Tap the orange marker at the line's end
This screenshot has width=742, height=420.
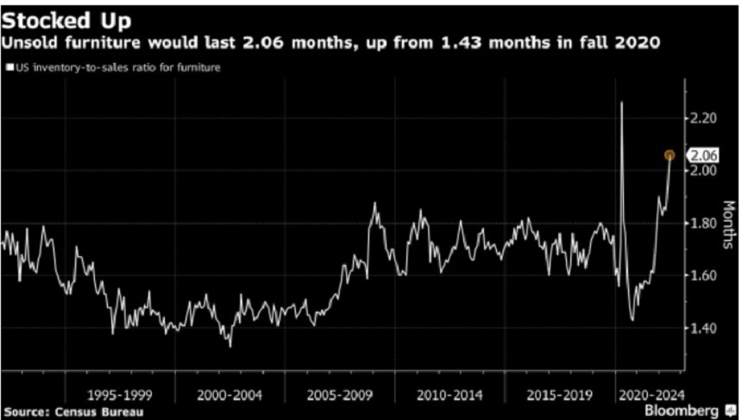click(x=669, y=155)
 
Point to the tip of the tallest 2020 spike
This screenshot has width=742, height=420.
click(x=621, y=103)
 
